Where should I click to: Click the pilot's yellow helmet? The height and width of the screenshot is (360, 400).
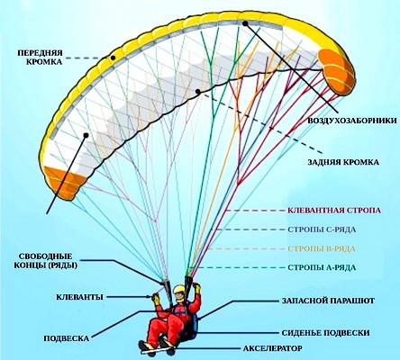tap(181, 292)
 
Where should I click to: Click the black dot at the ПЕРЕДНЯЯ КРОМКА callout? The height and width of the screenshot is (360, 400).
tap(113, 57)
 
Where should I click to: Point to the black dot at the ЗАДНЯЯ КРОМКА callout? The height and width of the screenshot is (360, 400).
tap(196, 92)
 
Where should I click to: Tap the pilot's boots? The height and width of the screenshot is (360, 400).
tap(144, 346)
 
